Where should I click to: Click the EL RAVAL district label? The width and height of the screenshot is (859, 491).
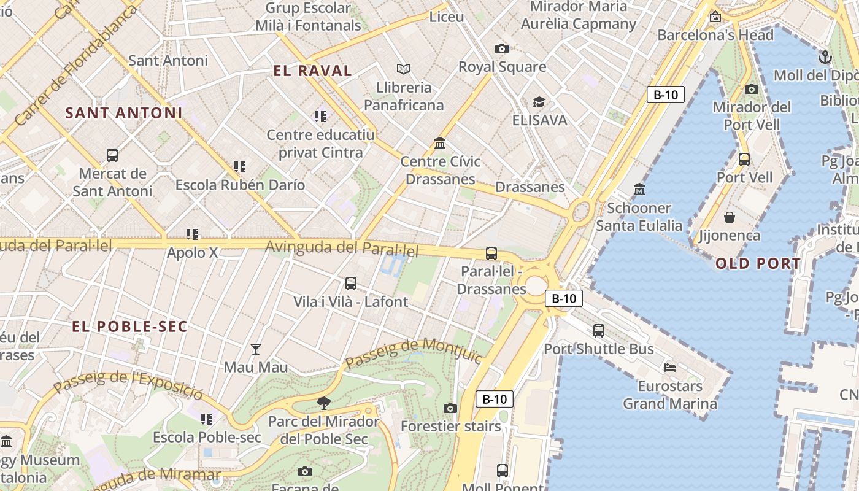(312, 71)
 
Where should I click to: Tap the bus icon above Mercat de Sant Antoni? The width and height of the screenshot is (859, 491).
(112, 155)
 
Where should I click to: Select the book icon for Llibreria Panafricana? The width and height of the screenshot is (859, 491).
(403, 69)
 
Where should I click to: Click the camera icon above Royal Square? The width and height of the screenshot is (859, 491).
(501, 48)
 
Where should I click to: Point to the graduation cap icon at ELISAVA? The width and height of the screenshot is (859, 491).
(539, 102)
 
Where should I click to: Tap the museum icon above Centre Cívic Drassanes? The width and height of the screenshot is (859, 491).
(440, 144)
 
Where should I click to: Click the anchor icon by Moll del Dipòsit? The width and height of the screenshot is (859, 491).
(825, 57)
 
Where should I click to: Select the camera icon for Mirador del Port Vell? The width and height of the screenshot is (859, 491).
(751, 89)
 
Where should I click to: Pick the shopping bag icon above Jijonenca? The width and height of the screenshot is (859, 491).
(730, 217)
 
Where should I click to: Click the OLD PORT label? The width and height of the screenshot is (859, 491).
(758, 264)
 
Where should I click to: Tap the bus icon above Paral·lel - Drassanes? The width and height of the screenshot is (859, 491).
(491, 253)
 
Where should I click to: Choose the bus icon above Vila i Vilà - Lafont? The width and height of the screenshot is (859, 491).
(350, 284)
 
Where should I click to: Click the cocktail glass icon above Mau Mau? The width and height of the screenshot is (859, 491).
(256, 349)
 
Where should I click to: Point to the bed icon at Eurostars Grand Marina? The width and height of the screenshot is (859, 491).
(670, 368)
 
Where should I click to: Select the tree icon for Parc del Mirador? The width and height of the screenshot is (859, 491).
(323, 403)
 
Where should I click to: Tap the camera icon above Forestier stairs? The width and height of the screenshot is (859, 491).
(450, 408)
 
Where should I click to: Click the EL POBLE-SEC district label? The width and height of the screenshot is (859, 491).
(129, 326)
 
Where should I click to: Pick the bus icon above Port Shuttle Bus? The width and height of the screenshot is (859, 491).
(598, 331)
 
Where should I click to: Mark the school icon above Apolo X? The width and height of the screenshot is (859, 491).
(192, 234)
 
